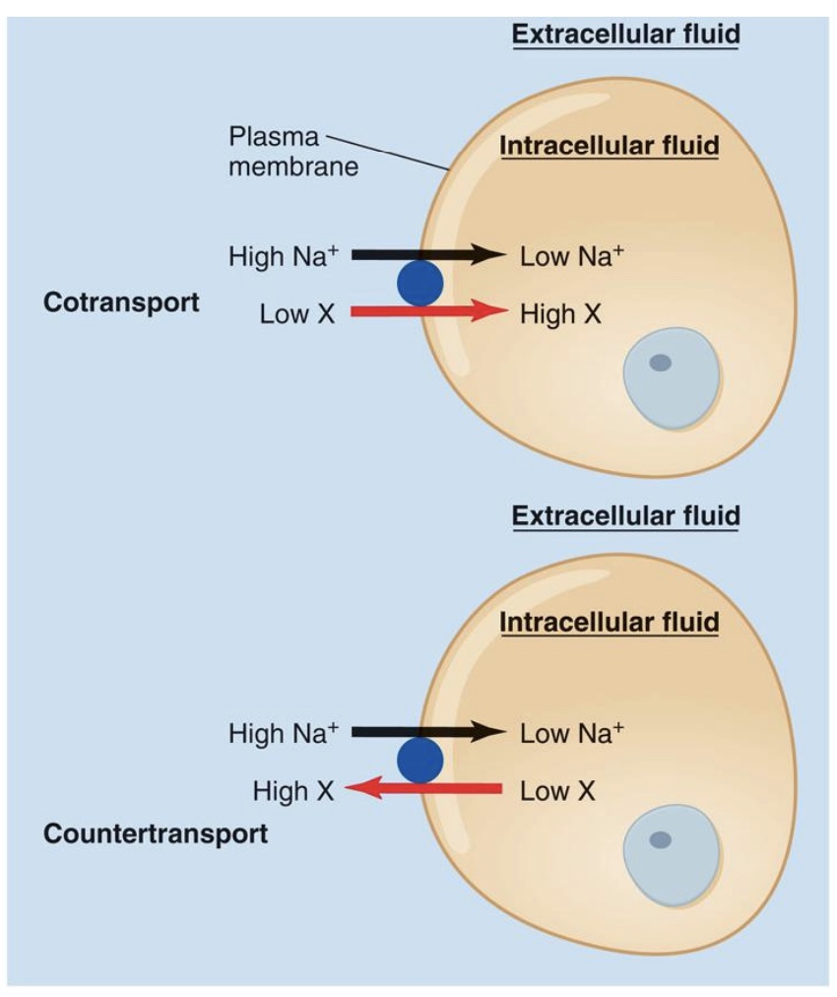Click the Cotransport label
click(x=120, y=302)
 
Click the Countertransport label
click(x=156, y=834)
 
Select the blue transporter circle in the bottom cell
click(x=419, y=762)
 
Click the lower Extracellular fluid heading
click(x=625, y=515)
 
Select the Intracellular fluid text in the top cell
click(x=610, y=147)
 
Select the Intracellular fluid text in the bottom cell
click(x=610, y=623)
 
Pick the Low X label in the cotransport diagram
click(x=296, y=315)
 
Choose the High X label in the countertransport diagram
click(x=292, y=791)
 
